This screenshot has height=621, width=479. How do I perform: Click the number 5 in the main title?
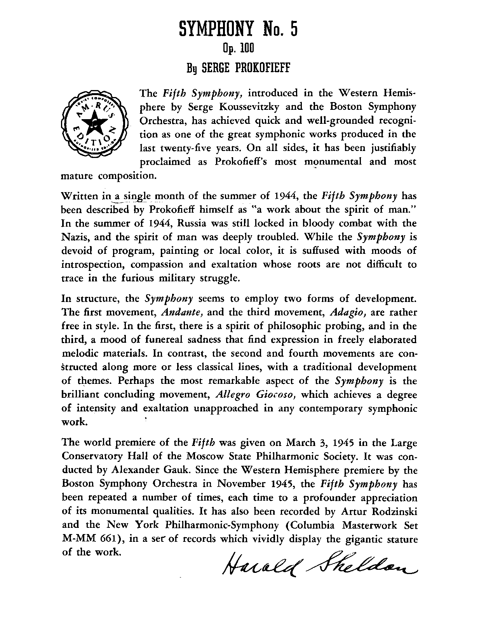coord(292,30)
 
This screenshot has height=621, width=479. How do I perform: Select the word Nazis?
coord(75,237)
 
